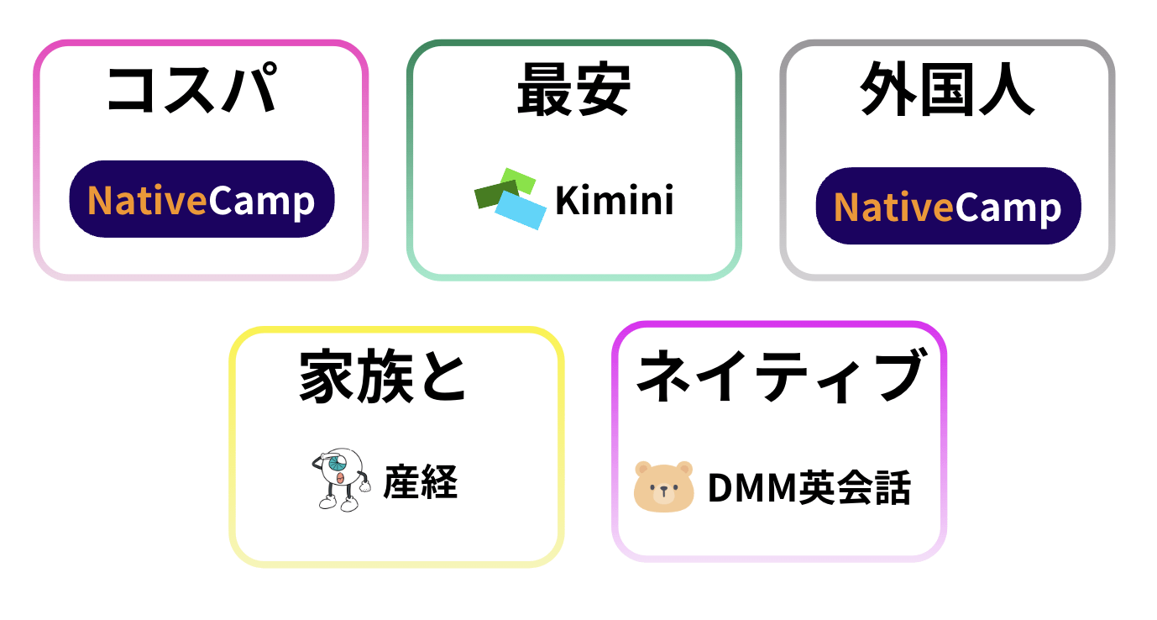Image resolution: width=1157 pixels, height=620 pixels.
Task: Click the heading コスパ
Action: point(192,89)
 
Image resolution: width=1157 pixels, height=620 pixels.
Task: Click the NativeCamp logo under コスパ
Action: point(202,200)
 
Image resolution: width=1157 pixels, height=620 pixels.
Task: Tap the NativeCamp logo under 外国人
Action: point(948,207)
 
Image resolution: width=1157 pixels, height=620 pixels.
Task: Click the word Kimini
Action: point(615,201)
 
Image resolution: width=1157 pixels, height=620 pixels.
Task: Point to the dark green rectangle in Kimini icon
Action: point(489,195)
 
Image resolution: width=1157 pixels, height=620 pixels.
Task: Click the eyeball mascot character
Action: point(341,478)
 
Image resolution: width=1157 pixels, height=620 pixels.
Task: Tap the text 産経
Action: point(421,483)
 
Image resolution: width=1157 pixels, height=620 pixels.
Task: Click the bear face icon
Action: point(663,486)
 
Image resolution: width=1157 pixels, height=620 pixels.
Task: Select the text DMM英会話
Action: point(809,488)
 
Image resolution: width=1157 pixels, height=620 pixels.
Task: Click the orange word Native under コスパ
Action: point(147,201)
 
